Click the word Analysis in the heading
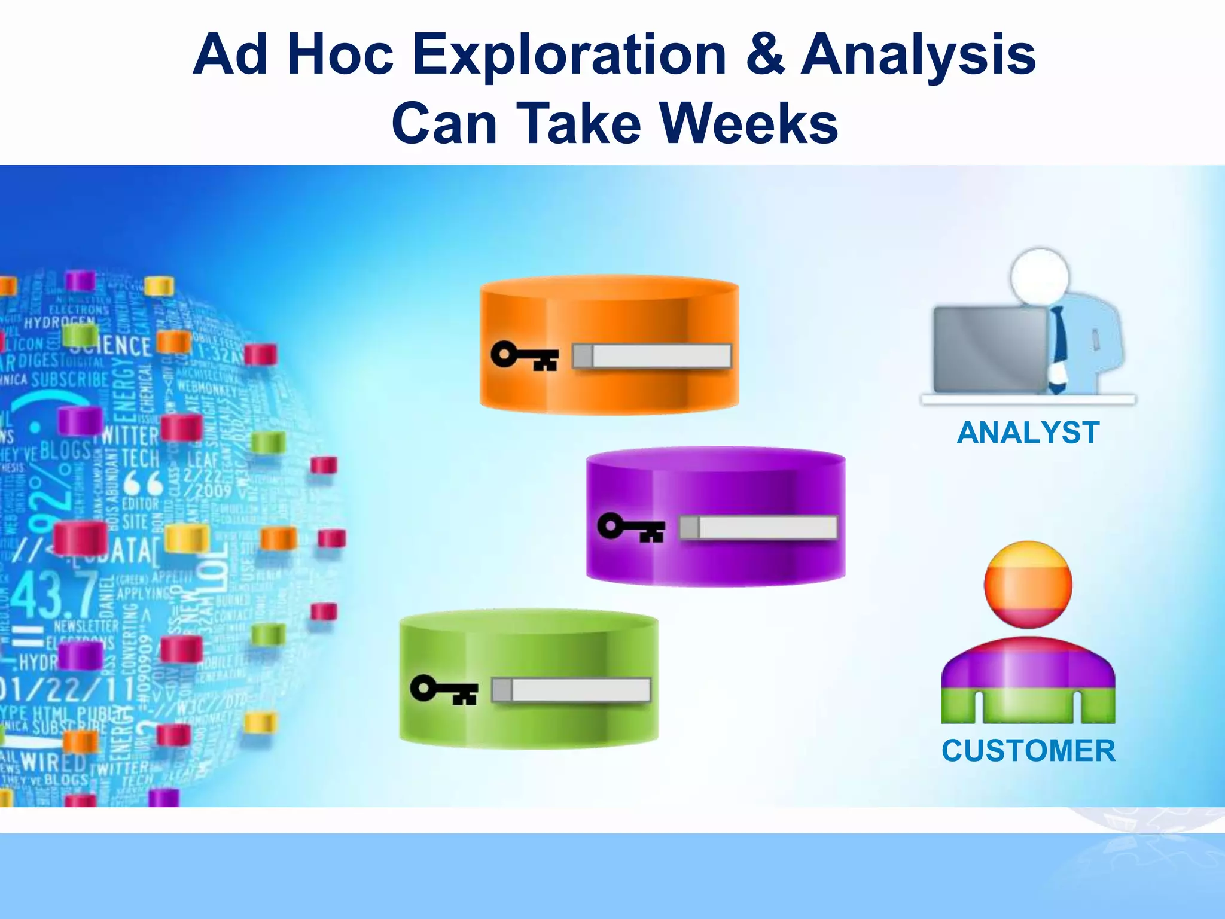click(x=918, y=56)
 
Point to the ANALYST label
click(x=1028, y=433)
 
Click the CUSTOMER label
click(x=1028, y=751)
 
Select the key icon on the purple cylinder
click(x=631, y=528)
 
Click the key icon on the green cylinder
click(x=444, y=690)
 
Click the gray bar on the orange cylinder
click(x=652, y=356)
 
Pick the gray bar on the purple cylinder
click(x=758, y=528)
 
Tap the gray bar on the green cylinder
click(x=571, y=690)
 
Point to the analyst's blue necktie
click(x=1058, y=341)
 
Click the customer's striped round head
click(x=1028, y=585)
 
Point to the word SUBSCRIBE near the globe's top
click(x=70, y=379)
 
